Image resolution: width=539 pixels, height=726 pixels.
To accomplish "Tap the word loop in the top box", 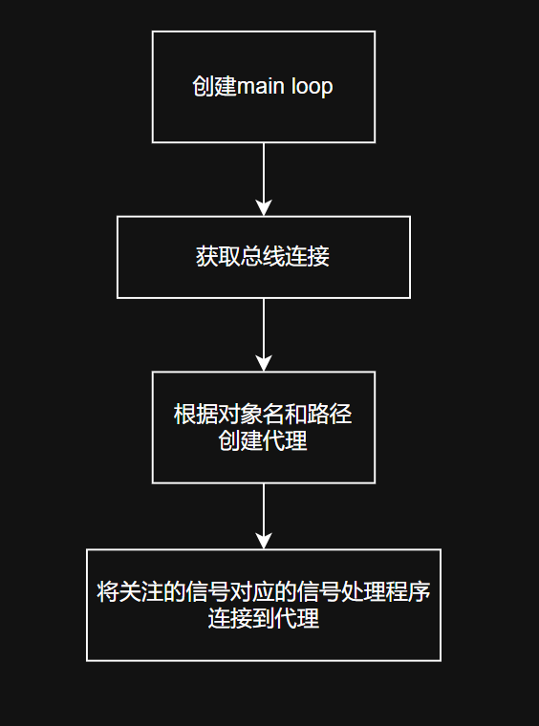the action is (x=313, y=88).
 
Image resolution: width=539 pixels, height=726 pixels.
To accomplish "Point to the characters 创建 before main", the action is (x=214, y=87).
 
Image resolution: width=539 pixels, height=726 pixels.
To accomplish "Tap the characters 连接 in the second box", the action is (x=307, y=257).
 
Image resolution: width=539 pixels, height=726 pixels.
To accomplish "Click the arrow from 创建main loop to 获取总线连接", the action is (x=264, y=180).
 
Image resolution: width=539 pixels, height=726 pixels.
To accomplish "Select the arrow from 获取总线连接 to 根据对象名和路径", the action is (x=264, y=334).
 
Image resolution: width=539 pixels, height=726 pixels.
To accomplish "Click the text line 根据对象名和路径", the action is (x=263, y=414).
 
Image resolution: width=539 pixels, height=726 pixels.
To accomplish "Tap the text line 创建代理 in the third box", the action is (x=263, y=440).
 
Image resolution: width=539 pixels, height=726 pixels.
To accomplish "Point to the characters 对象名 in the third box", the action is (x=240, y=414).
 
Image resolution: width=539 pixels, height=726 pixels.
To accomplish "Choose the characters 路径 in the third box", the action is (x=330, y=414).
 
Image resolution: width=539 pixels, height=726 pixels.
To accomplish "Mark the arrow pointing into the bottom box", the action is (x=264, y=516).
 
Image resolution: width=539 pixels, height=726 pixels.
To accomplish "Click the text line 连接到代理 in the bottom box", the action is (x=264, y=618).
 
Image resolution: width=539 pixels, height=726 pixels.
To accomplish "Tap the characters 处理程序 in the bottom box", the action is (x=386, y=591).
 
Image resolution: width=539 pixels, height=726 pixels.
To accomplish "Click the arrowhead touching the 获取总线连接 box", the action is (x=264, y=208).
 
